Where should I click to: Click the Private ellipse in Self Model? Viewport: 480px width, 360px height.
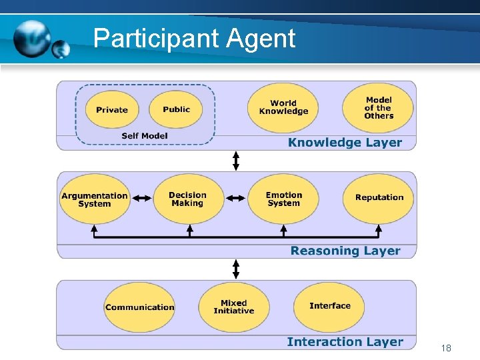pyautogui.click(x=111, y=109)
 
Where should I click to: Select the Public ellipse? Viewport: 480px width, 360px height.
pyautogui.click(x=176, y=109)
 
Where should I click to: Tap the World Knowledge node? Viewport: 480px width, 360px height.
pyautogui.click(x=283, y=107)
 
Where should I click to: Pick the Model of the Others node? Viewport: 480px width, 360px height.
pyautogui.click(x=378, y=107)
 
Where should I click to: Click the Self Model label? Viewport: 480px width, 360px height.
pyautogui.click(x=145, y=136)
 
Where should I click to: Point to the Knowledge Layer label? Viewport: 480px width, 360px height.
pyautogui.click(x=345, y=142)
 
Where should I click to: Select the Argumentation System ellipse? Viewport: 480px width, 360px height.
pyautogui.click(x=94, y=199)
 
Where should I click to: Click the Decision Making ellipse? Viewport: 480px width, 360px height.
pyautogui.click(x=187, y=199)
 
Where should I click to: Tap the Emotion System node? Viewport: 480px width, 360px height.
pyautogui.click(x=283, y=199)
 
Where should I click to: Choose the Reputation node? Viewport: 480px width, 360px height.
pyautogui.click(x=379, y=197)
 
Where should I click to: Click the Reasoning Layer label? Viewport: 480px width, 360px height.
pyautogui.click(x=345, y=251)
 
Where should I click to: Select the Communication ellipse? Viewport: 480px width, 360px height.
pyautogui.click(x=139, y=307)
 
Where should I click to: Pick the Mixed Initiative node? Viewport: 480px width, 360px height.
pyautogui.click(x=233, y=307)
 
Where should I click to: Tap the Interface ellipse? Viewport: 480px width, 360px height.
pyautogui.click(x=329, y=306)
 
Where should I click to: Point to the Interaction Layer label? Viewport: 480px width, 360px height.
pyautogui.click(x=345, y=342)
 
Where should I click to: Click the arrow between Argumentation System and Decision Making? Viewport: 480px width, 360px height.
pyautogui.click(x=141, y=198)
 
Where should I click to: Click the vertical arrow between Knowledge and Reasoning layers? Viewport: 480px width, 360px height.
pyautogui.click(x=235, y=161)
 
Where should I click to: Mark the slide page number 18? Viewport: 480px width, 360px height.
pyautogui.click(x=446, y=348)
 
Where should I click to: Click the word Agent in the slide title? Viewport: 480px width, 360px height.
pyautogui.click(x=260, y=39)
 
